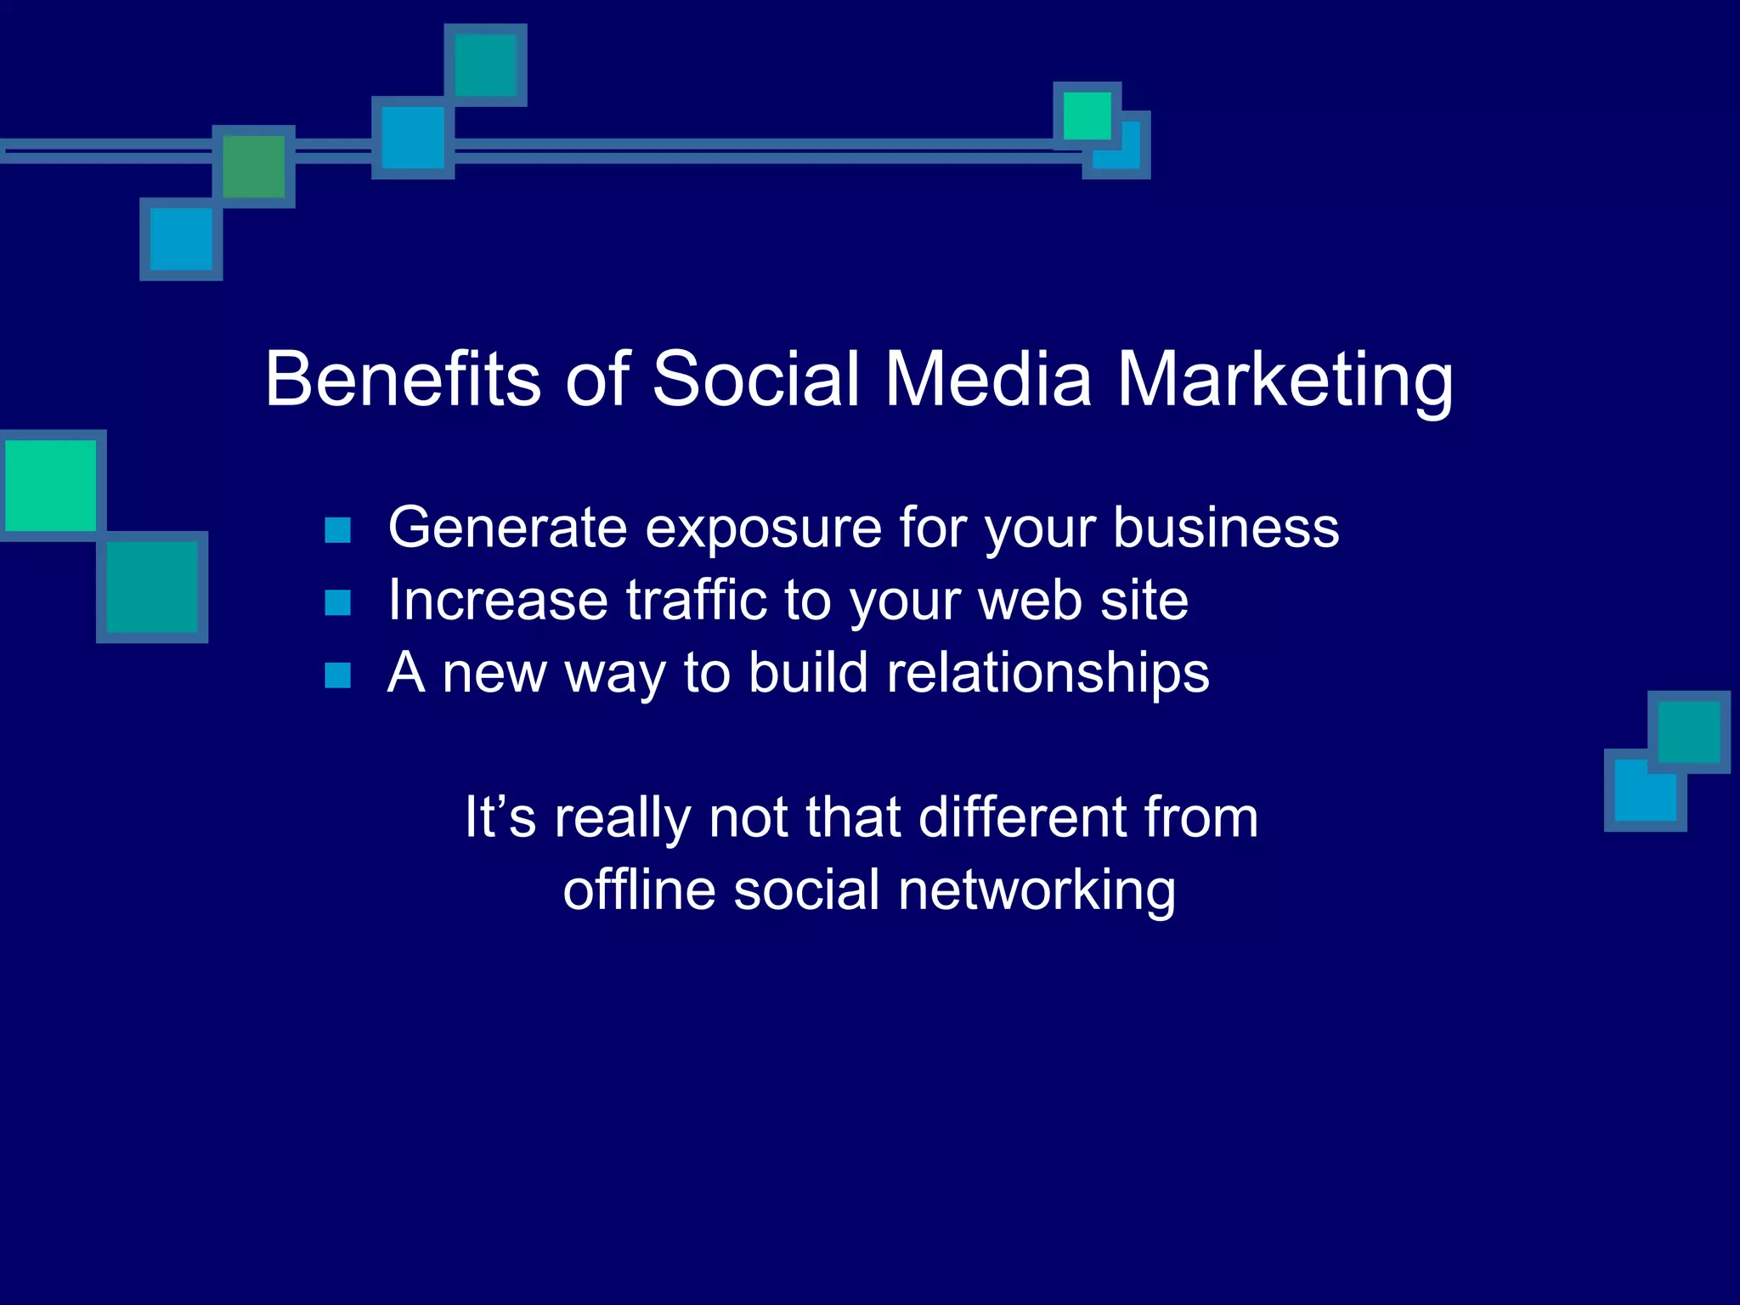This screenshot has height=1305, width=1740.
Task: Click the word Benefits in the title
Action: click(x=403, y=379)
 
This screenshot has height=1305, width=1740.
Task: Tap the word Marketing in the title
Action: click(x=1284, y=379)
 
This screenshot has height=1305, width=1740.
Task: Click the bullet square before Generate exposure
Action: click(x=338, y=530)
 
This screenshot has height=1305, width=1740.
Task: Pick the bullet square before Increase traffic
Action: click(x=338, y=602)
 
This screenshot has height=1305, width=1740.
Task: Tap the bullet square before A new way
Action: click(x=338, y=675)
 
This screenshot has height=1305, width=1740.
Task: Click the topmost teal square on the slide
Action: click(x=485, y=65)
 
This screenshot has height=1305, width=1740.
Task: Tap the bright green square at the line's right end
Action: click(x=1087, y=116)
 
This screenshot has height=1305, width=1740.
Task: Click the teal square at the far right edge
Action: click(x=1688, y=732)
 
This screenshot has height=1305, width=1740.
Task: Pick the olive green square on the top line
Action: click(x=253, y=167)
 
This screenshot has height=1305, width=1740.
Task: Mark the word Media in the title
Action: click(x=988, y=379)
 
